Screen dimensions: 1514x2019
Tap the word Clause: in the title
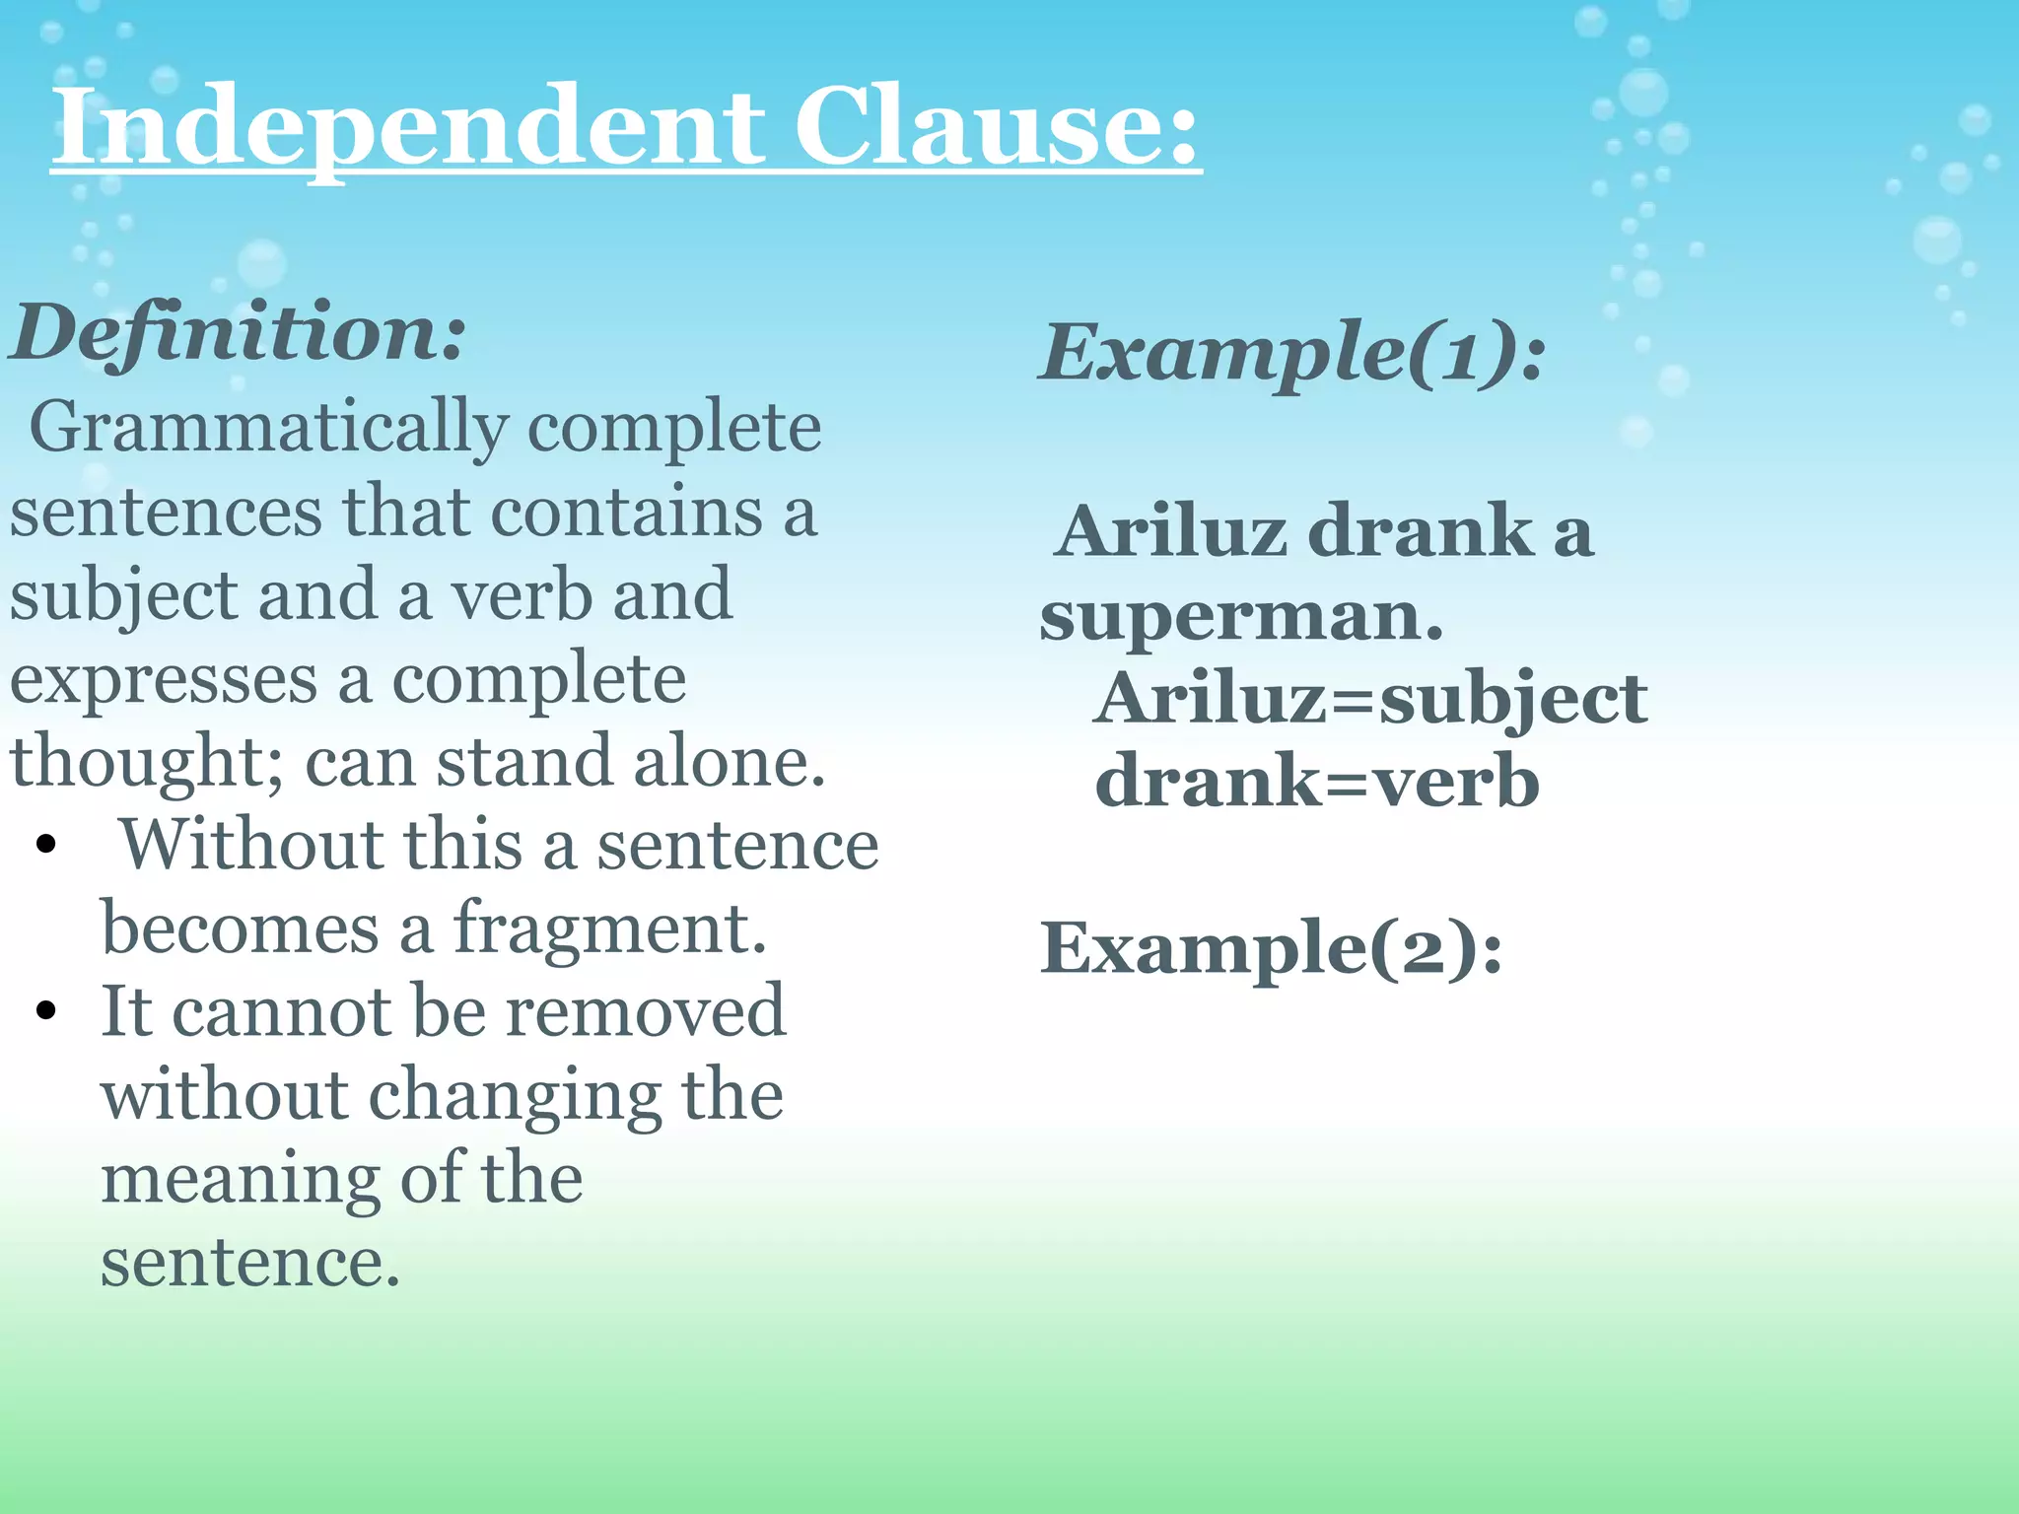tap(997, 128)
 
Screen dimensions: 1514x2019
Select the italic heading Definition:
tap(238, 333)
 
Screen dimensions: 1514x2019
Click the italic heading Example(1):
tap(1292, 353)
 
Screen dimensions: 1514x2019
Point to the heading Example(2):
tap(1272, 948)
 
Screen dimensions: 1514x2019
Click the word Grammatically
tap(268, 430)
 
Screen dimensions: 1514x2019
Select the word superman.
tap(1241, 616)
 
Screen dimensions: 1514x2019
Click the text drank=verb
tap(1317, 783)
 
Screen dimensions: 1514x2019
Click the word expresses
tap(164, 680)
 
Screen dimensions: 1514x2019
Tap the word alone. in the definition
tap(730, 763)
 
